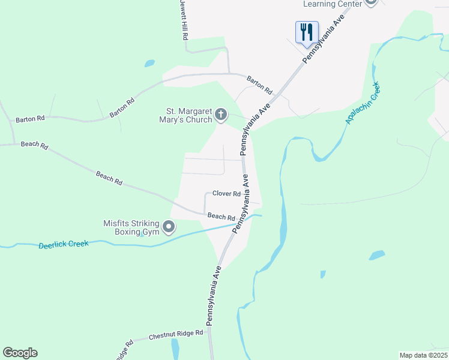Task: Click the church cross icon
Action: (x=221, y=114)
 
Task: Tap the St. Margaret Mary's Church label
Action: (x=189, y=115)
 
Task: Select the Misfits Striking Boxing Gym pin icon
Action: (x=169, y=227)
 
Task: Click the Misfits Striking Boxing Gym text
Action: (x=132, y=227)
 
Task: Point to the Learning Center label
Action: (x=333, y=4)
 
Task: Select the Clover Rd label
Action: (x=226, y=194)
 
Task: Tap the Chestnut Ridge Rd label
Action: (x=176, y=335)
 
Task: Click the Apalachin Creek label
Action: (x=364, y=103)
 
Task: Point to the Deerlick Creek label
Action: (x=64, y=244)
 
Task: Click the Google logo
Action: (x=20, y=353)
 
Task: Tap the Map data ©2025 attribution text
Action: (x=423, y=355)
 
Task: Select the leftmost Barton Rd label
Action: (x=30, y=119)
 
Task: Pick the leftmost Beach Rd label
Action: (x=34, y=145)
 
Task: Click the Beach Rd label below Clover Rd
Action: (x=221, y=216)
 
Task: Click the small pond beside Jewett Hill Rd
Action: (x=149, y=63)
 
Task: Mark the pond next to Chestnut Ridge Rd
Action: (x=175, y=348)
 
